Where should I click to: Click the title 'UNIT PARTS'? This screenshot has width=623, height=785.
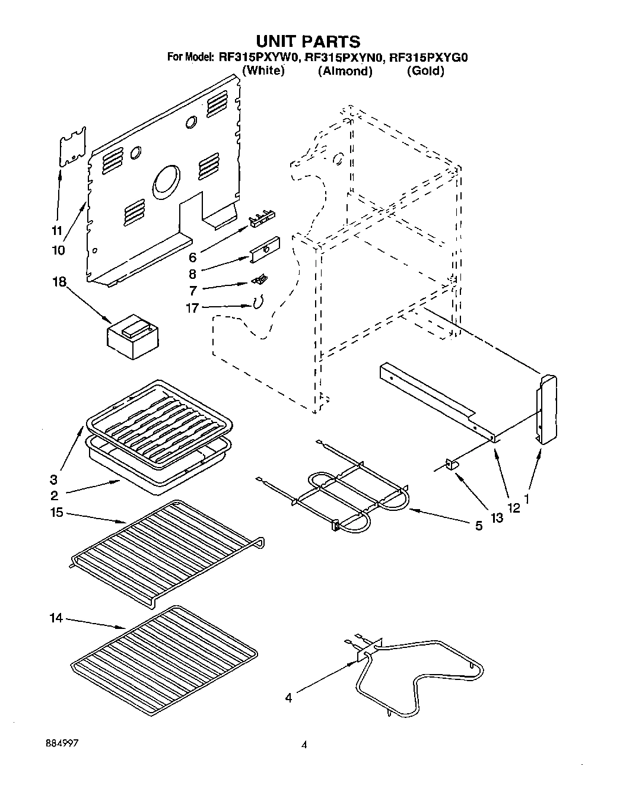click(x=308, y=41)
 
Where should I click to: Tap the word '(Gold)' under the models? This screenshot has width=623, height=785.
click(x=425, y=71)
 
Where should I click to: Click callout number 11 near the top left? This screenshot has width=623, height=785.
click(x=57, y=230)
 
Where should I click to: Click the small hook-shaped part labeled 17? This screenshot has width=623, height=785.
click(x=257, y=303)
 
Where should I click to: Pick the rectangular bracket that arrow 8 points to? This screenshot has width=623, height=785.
click(x=265, y=252)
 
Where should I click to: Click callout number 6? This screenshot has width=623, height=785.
click(x=192, y=257)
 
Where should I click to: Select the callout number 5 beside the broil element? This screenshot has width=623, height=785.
click(x=478, y=526)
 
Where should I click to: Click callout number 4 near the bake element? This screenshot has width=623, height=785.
click(x=288, y=698)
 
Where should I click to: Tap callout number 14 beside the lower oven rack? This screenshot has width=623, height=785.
click(x=56, y=618)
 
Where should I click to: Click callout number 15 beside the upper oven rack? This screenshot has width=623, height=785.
click(x=57, y=512)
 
